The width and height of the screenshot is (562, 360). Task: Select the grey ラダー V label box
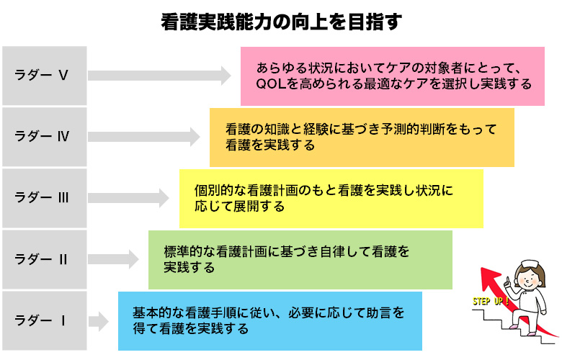tap(44, 75)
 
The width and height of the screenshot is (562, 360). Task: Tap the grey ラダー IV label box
tap(44, 136)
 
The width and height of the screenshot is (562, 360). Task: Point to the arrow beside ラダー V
tap(159, 75)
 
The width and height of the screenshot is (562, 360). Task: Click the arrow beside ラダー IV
tap(144, 136)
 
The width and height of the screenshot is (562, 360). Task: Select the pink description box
tap(392, 75)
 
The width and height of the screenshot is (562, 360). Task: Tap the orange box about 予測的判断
tap(362, 137)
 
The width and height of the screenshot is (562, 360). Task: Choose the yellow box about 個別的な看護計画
tap(331, 198)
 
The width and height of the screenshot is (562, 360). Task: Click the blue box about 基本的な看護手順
tap(269, 320)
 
